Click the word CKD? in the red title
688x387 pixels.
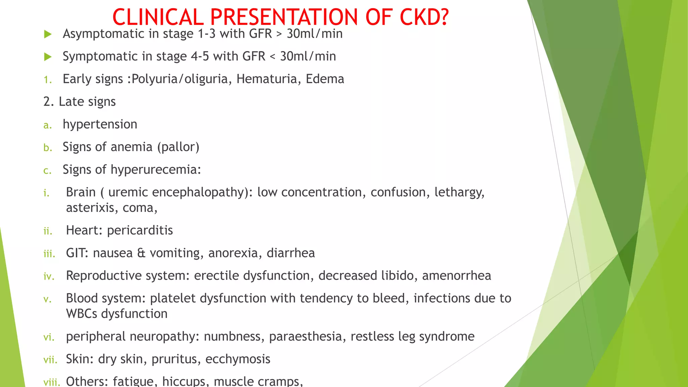tap(424, 17)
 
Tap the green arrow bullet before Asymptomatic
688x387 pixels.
tap(48, 34)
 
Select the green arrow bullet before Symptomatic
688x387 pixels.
tap(48, 57)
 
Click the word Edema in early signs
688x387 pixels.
tap(325, 79)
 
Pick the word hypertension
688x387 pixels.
tap(100, 125)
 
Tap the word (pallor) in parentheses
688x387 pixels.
tap(178, 147)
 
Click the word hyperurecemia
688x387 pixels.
tap(156, 170)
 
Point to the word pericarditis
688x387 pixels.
tap(140, 230)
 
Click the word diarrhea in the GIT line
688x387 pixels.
tap(291, 253)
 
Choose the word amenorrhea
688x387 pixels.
tap(457, 276)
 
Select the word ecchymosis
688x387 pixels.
tap(238, 359)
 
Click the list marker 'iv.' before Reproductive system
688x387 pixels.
tap(49, 276)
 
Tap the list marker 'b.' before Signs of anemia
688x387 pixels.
tap(48, 148)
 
